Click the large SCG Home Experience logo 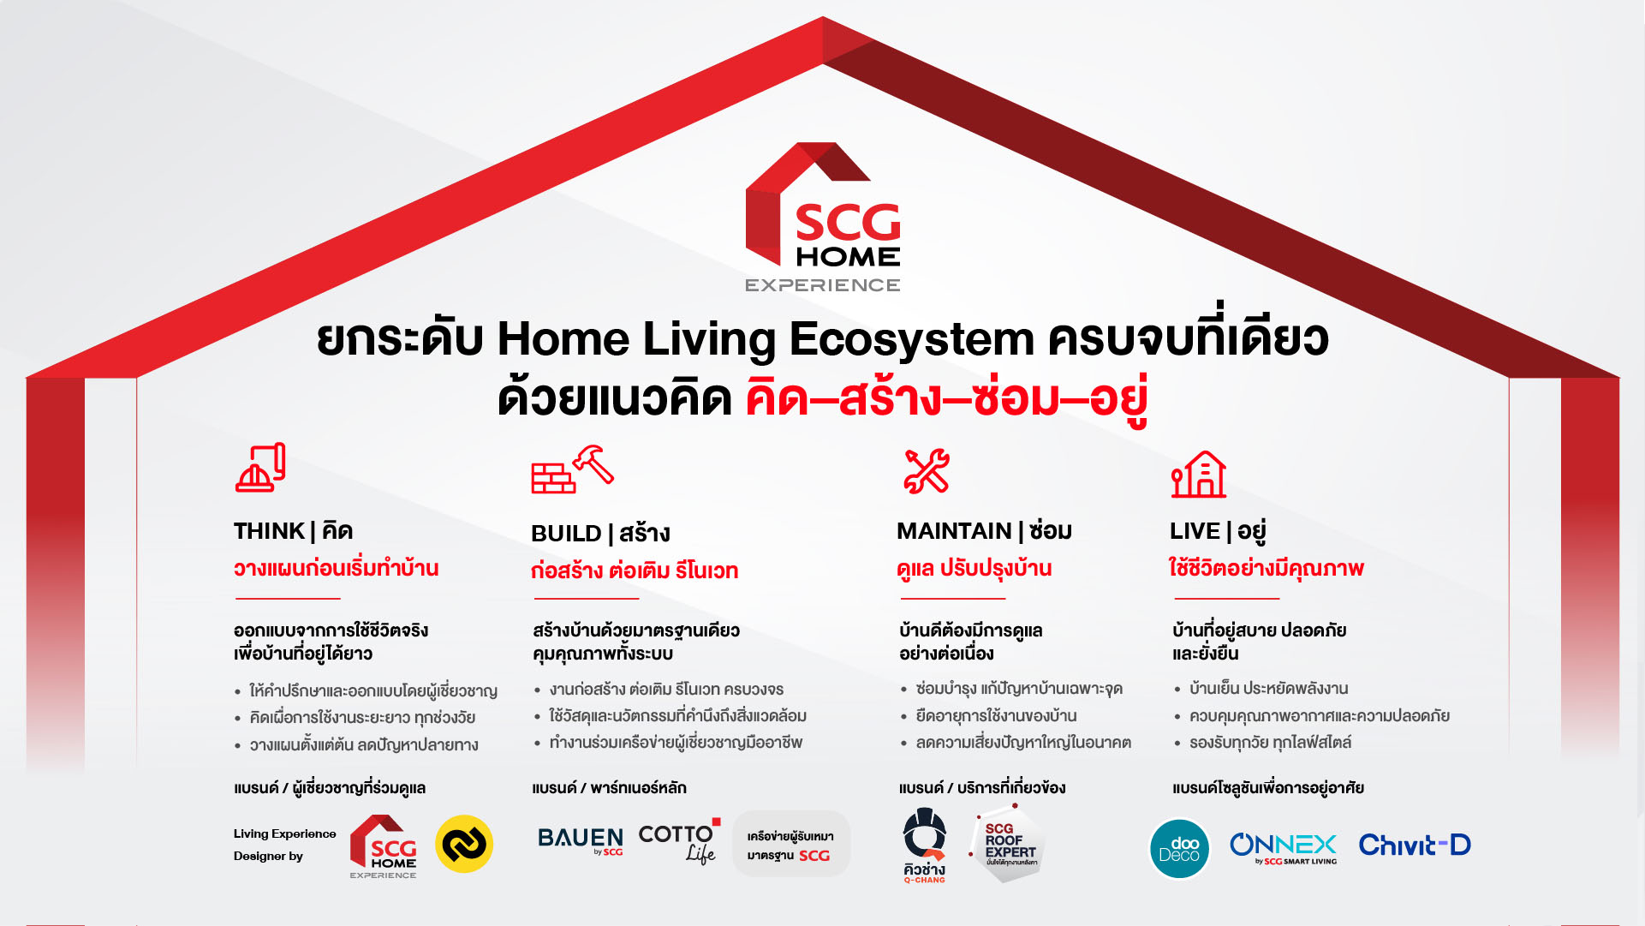[823, 218]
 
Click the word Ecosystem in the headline [911, 338]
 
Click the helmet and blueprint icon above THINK [260, 468]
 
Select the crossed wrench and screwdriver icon [926, 471]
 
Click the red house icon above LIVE [1199, 474]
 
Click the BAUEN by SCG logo [580, 840]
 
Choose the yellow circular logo [464, 844]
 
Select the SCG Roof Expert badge [1008, 844]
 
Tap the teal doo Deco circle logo [1179, 849]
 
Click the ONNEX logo [1283, 847]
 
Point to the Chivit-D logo [1414, 845]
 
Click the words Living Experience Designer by [284, 845]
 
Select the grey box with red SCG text [790, 845]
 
